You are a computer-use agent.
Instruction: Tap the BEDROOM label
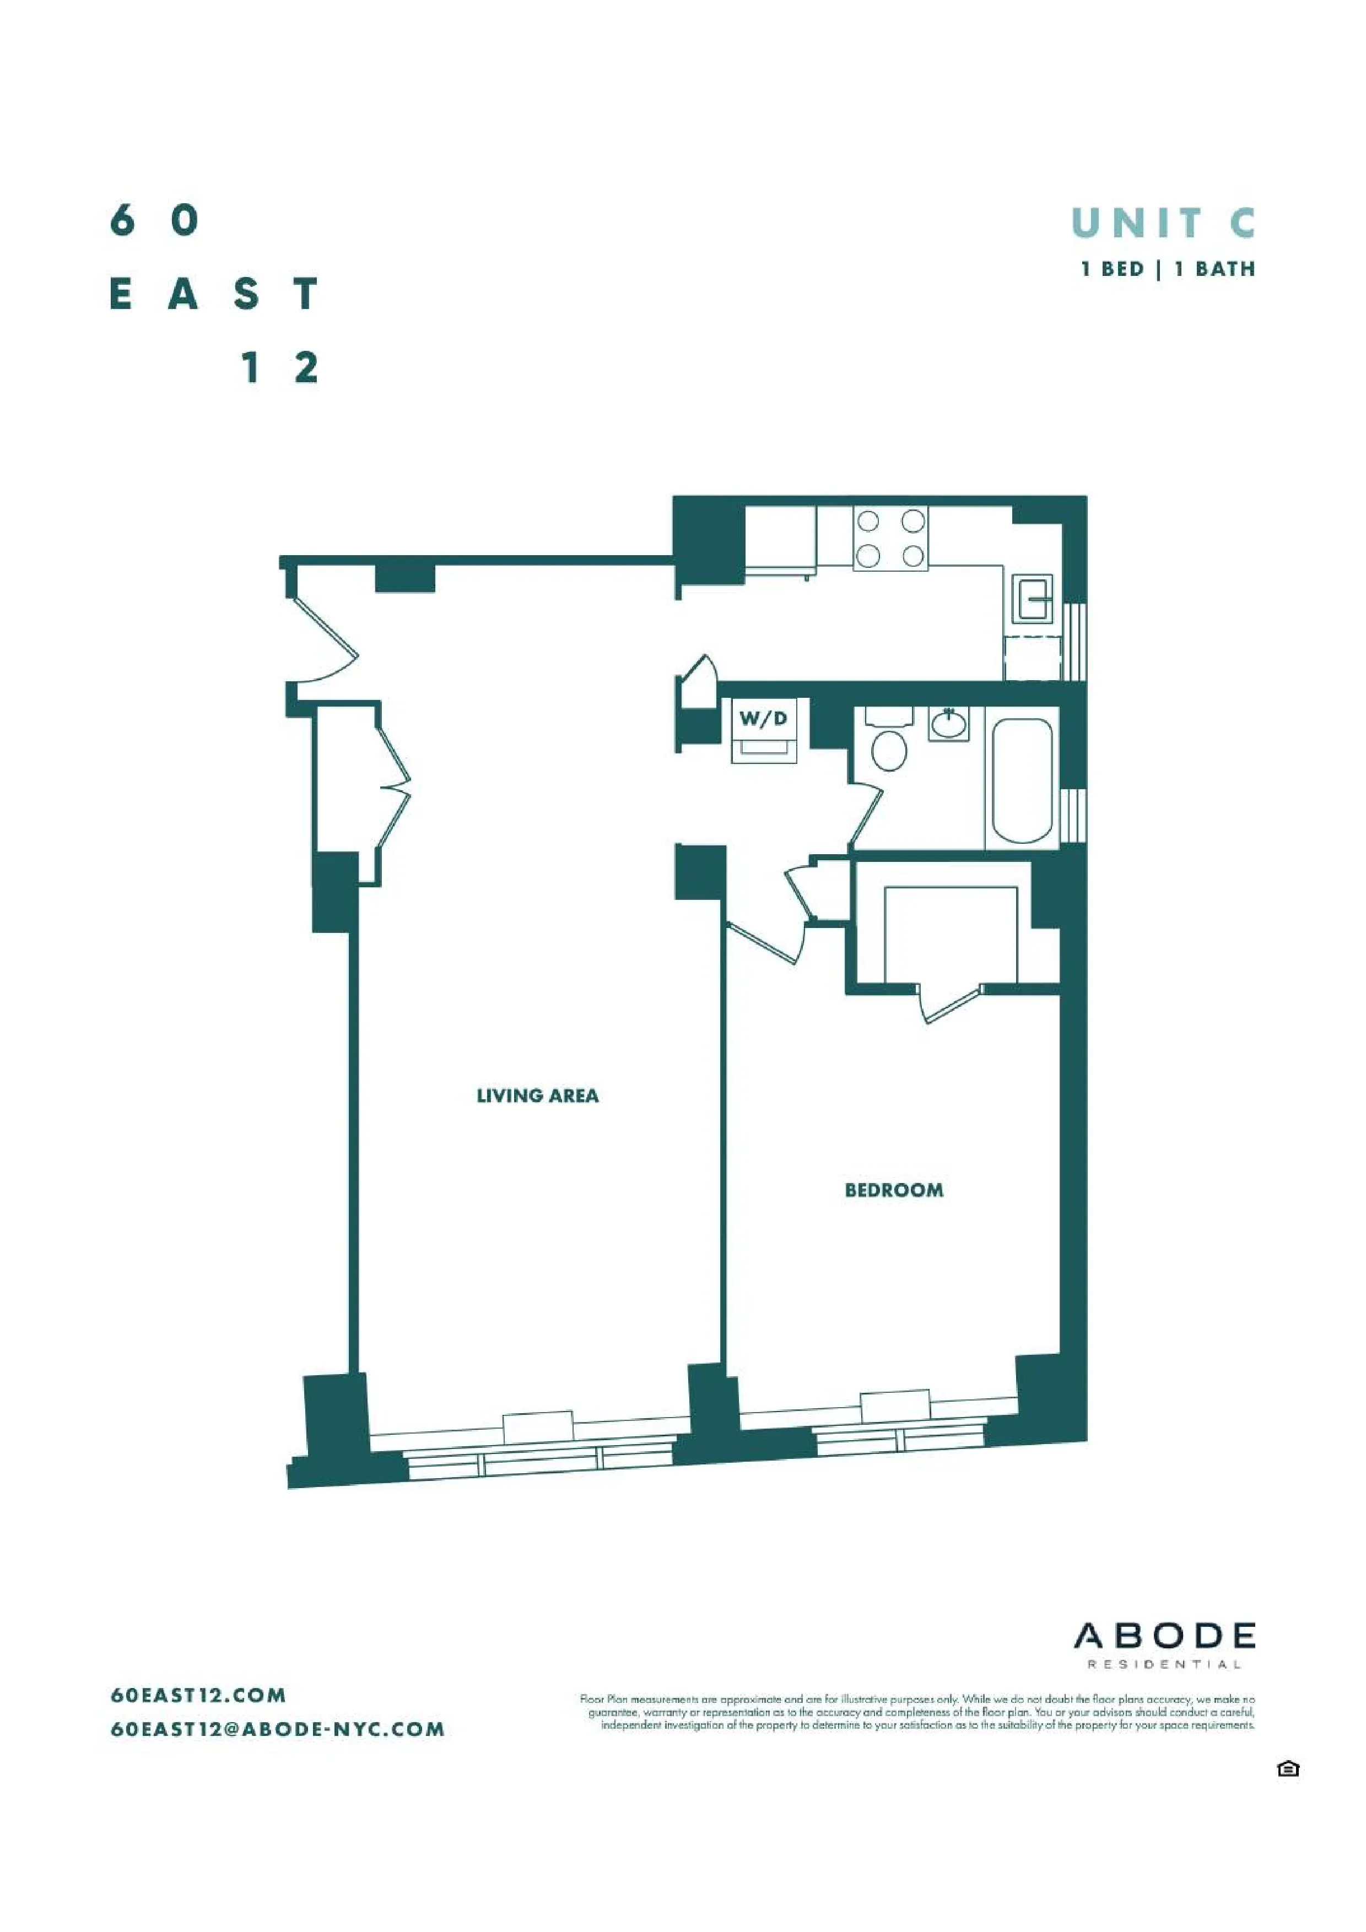coord(893,1190)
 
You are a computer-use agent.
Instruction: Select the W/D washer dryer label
coord(763,719)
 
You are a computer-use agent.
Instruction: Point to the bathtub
coord(1021,779)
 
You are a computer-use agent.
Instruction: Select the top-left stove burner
coord(868,522)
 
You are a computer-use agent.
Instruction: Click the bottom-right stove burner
coord(913,555)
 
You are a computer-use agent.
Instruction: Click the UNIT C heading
coord(1163,223)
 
